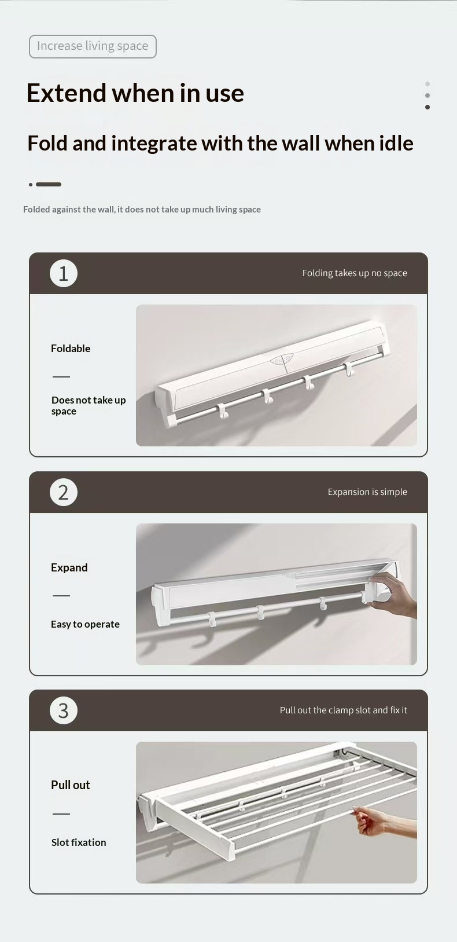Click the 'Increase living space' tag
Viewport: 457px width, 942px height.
click(x=93, y=46)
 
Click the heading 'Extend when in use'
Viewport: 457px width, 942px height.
click(x=135, y=93)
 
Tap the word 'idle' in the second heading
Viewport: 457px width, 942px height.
click(x=396, y=143)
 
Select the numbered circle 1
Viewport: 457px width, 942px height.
click(x=64, y=273)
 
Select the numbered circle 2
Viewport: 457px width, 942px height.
click(x=64, y=492)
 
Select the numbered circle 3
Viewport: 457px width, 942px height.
click(x=64, y=710)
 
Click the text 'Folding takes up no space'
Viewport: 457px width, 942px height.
click(x=355, y=273)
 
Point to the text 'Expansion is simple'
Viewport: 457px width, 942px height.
click(x=367, y=492)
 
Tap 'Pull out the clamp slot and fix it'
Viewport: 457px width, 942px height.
click(x=344, y=710)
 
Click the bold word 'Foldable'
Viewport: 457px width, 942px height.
click(x=71, y=348)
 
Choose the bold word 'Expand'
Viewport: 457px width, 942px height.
click(x=69, y=568)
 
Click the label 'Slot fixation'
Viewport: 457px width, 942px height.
click(x=79, y=842)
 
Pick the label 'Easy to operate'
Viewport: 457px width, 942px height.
click(x=85, y=624)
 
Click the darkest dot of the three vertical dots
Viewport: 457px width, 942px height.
click(x=427, y=107)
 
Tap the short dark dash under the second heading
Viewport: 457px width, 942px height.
click(x=49, y=184)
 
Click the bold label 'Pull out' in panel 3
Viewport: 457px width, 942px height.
click(x=71, y=785)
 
